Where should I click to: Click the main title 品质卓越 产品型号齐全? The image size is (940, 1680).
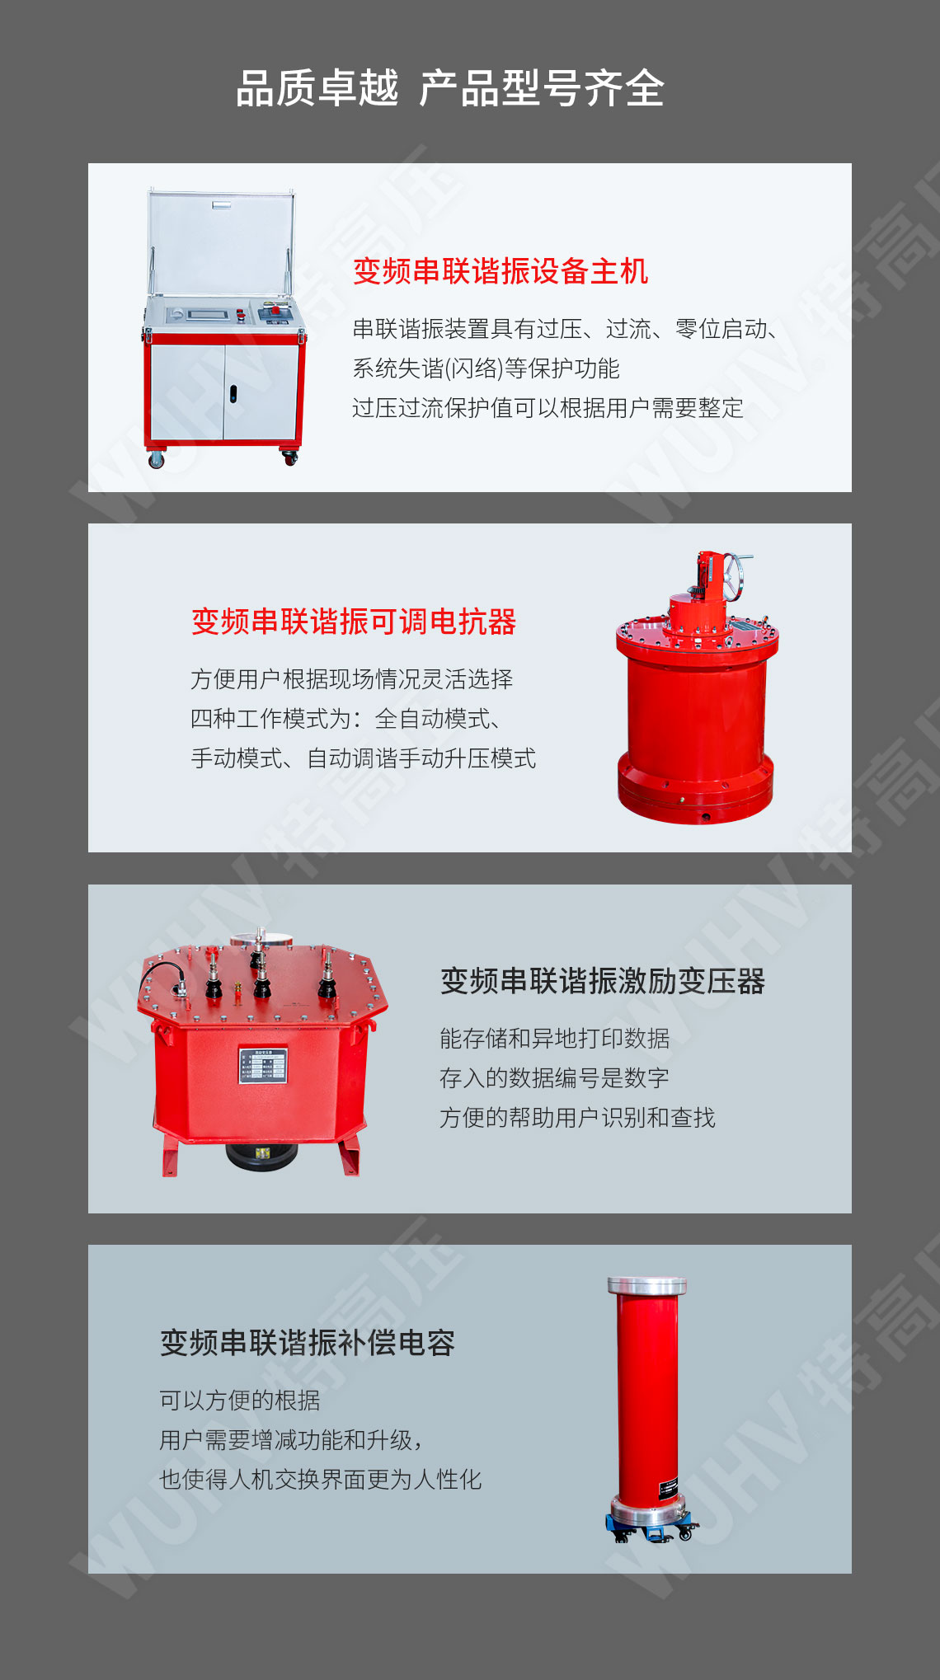click(450, 88)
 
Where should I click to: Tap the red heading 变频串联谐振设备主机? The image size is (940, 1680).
click(501, 271)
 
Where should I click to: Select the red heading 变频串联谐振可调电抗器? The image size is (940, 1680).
click(354, 622)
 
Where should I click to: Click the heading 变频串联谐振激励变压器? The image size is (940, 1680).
click(603, 981)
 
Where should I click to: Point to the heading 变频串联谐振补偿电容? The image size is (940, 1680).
click(308, 1342)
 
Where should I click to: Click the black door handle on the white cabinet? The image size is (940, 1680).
click(233, 394)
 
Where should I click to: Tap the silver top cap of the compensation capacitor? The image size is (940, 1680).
click(647, 1286)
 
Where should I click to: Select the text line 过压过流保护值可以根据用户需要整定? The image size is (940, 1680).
click(548, 408)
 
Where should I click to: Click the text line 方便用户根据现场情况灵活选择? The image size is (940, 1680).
click(352, 679)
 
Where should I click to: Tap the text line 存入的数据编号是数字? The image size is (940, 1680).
click(554, 1077)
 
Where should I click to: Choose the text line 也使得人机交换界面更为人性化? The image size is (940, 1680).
click(321, 1480)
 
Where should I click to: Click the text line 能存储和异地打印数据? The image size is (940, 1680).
click(554, 1038)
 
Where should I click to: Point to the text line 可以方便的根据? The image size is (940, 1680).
click(240, 1400)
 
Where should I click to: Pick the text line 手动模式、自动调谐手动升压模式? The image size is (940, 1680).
click(364, 758)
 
